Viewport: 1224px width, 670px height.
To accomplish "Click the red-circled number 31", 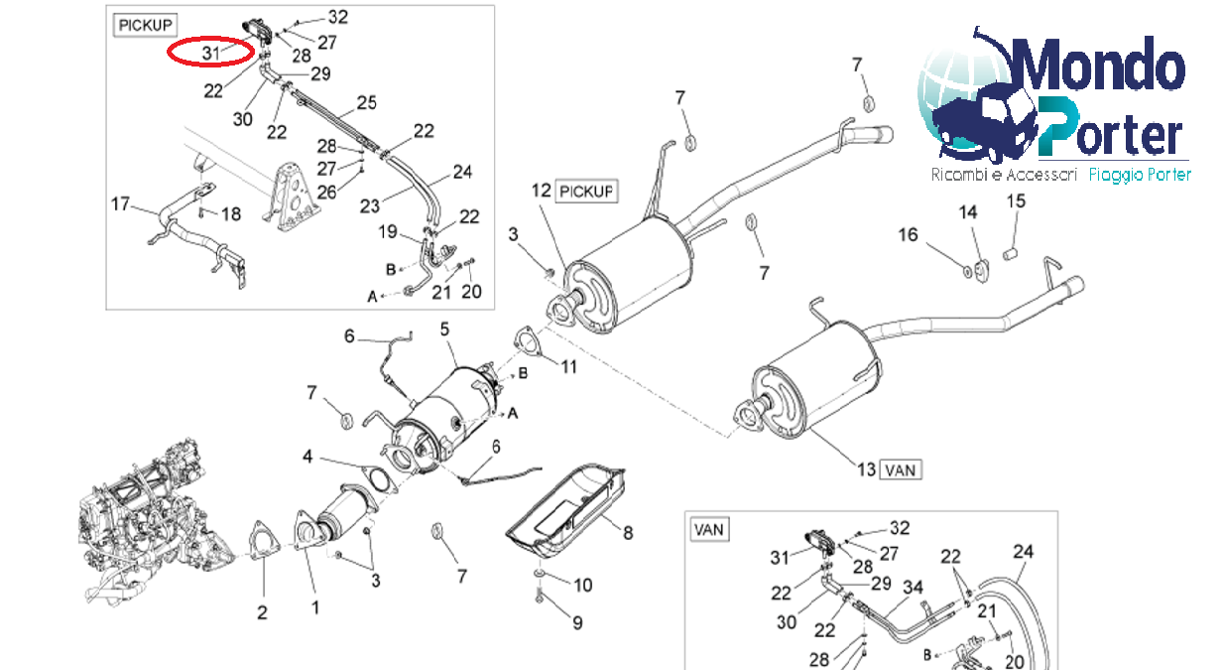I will [x=209, y=53].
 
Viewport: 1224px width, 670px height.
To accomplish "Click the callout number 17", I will [x=120, y=205].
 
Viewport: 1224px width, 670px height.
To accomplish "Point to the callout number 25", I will [x=366, y=102].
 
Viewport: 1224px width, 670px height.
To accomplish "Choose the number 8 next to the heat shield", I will [x=627, y=533].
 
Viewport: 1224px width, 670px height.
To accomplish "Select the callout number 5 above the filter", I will [x=444, y=328].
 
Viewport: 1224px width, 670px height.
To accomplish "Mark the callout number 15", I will [x=1016, y=202].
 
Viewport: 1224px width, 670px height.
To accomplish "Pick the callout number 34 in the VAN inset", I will [x=913, y=590].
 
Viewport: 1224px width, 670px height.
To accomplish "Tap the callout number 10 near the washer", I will [x=582, y=585].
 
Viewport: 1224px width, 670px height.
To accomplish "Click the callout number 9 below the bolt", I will [x=576, y=622].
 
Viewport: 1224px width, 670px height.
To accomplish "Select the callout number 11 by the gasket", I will [x=568, y=366].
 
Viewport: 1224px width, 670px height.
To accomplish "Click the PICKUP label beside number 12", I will [x=587, y=190].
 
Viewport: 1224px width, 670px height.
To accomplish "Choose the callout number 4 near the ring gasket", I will [x=307, y=458].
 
